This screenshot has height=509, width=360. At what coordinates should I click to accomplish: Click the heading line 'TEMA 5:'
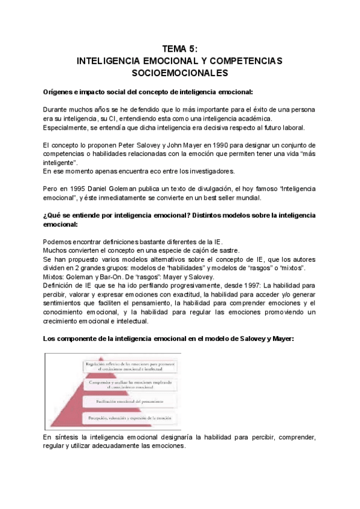180,50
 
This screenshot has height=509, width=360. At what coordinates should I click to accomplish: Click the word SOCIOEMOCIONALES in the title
180,73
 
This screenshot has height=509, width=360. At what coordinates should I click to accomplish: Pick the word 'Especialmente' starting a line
66,127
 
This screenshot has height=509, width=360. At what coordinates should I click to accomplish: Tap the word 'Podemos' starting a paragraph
58,241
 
